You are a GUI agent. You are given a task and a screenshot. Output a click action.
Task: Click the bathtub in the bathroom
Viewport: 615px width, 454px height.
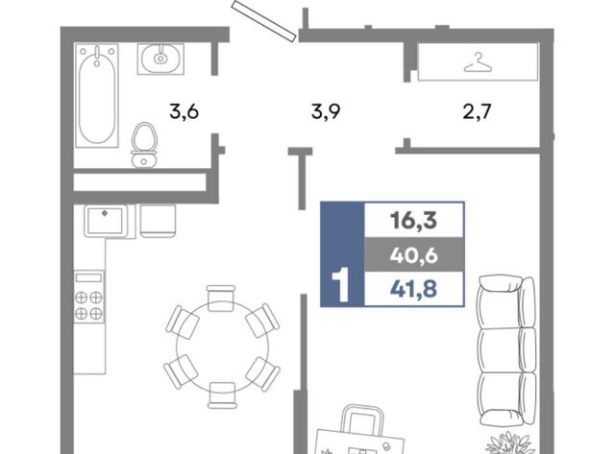(97, 96)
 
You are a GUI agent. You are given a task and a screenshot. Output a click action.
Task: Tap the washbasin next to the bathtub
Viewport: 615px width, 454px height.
(160, 59)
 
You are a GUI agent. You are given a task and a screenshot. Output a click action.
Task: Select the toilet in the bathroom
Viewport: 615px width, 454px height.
(144, 145)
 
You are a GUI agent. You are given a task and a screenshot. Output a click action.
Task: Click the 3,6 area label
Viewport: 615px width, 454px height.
(184, 111)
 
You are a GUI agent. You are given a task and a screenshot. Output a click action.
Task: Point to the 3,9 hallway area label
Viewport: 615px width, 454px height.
(326, 111)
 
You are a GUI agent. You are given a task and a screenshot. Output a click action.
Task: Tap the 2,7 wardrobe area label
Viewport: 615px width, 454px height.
(477, 111)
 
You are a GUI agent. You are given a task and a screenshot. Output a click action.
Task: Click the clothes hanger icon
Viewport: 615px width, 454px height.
(478, 63)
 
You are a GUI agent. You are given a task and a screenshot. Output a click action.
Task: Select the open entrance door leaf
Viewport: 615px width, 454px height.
(264, 19)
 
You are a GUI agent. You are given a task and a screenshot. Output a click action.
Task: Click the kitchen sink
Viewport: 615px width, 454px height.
(106, 222)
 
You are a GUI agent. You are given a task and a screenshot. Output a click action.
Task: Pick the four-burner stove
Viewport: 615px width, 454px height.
(89, 297)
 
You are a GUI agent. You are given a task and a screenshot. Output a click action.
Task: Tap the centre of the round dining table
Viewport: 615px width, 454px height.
(222, 346)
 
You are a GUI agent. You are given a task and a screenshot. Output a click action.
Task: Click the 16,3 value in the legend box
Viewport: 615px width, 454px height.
(413, 220)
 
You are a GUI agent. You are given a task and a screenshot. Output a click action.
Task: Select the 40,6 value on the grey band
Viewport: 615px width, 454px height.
(413, 255)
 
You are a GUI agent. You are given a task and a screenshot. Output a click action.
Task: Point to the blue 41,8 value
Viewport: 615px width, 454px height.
(413, 290)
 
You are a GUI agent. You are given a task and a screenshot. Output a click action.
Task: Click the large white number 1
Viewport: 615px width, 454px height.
(340, 285)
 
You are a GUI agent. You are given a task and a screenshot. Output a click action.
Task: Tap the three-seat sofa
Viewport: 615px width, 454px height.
(506, 349)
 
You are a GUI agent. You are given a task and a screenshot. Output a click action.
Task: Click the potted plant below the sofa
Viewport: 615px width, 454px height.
(509, 443)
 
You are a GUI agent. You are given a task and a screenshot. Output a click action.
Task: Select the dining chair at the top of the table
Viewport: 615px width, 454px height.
(221, 299)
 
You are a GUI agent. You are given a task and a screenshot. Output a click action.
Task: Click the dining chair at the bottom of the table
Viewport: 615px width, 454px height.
(222, 395)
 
